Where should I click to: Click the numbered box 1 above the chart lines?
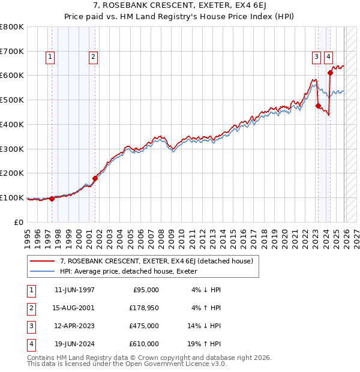pos(49,58)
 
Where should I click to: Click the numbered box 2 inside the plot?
pos(94,58)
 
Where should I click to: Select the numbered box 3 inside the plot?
pos(316,58)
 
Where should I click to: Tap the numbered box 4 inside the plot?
pos(329,58)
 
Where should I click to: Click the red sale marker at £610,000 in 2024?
pos(330,73)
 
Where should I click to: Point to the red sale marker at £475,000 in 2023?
pos(318,106)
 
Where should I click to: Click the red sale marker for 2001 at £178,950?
pos(95,178)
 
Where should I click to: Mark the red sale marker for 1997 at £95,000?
pos(52,199)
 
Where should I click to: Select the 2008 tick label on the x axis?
pos(162,236)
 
